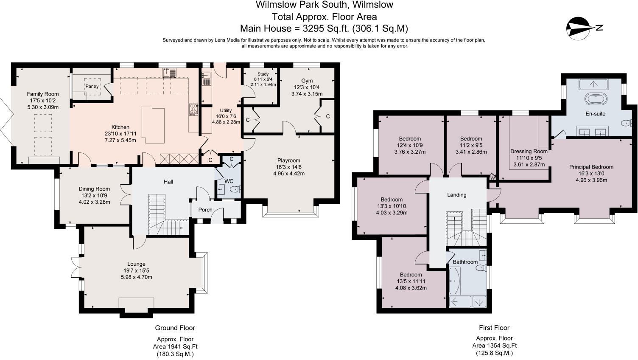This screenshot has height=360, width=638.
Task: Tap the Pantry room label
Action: (x=92, y=86)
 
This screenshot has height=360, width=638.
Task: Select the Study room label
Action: (x=263, y=74)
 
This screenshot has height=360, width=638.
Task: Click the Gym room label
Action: (x=307, y=81)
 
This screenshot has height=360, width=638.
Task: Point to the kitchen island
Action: (x=153, y=124)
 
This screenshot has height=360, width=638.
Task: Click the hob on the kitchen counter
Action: (x=193, y=110)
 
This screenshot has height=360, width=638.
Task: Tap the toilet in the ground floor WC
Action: (x=235, y=190)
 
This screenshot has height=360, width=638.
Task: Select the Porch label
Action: (x=205, y=210)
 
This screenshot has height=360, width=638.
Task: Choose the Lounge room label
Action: (x=136, y=264)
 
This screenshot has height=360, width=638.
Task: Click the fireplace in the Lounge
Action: (x=136, y=304)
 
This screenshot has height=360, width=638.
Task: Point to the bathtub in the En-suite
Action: (x=596, y=99)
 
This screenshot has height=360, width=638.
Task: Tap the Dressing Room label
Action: (x=529, y=151)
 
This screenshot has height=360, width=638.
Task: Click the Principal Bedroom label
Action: (x=591, y=167)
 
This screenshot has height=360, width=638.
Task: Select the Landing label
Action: (x=456, y=195)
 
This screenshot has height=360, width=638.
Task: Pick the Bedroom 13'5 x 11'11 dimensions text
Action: (x=411, y=281)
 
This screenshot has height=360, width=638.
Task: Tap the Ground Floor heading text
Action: (x=175, y=328)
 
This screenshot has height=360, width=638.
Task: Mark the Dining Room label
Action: (x=94, y=189)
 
